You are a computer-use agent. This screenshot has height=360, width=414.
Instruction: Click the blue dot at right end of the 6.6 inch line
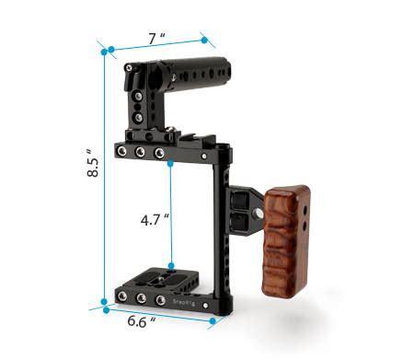click(x=213, y=322)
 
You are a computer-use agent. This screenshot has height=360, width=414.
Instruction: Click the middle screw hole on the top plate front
click(x=142, y=153)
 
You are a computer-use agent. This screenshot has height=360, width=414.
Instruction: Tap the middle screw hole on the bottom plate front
click(x=141, y=299)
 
